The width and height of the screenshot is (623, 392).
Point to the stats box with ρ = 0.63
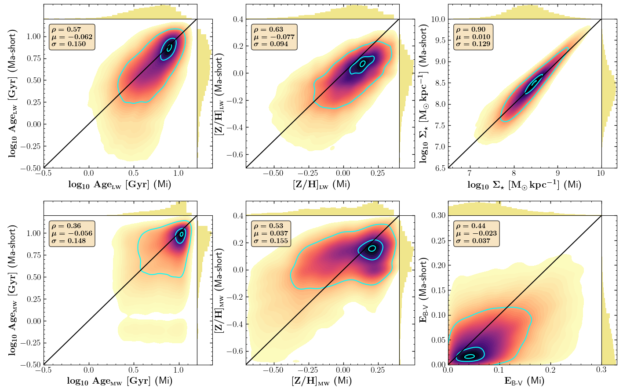point(271,37)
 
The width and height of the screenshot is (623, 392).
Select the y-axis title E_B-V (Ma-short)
point(425,290)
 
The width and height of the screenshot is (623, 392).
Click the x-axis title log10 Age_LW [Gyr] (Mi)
point(120,185)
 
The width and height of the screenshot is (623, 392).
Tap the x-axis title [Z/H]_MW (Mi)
point(321,381)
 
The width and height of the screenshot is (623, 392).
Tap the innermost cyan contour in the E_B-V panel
point(470,356)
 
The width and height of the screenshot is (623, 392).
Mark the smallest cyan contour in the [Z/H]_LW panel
point(363,64)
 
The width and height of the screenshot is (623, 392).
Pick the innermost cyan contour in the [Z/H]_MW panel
point(372,248)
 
